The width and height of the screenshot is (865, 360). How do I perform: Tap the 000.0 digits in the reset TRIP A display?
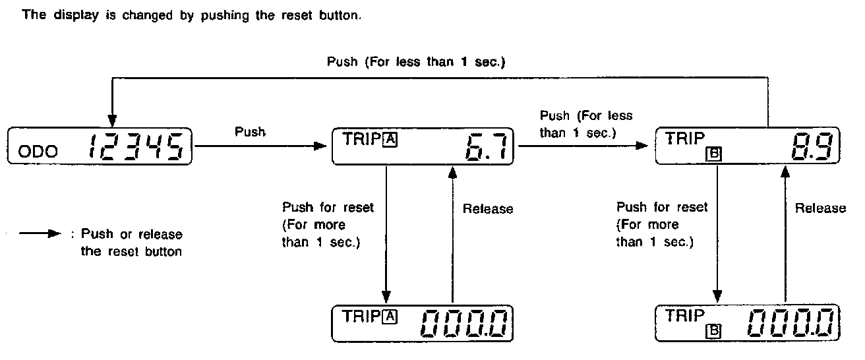point(464,322)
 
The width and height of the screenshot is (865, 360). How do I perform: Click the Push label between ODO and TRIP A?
point(250,131)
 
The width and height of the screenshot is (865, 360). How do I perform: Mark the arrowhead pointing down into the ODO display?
point(111,123)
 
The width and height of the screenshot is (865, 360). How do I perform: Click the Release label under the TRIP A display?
point(487,209)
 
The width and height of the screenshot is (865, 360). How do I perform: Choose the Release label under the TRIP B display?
point(820,208)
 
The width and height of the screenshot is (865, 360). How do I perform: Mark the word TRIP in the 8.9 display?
point(680,138)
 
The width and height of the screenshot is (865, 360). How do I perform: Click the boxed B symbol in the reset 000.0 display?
point(714,332)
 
